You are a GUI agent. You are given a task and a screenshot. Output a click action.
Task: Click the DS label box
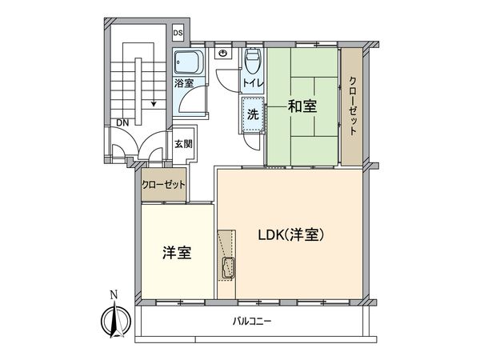click(x=178, y=33)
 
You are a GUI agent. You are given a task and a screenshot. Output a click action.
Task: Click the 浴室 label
click(x=183, y=82)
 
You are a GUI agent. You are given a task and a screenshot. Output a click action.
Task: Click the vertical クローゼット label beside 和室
click(x=352, y=107)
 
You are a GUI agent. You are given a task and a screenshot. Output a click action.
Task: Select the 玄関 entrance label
click(x=183, y=144)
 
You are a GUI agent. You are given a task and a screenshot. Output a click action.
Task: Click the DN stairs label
click(x=122, y=122)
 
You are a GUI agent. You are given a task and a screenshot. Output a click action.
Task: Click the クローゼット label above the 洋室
click(x=163, y=185)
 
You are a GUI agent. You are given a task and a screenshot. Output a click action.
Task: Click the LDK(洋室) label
click(x=290, y=236)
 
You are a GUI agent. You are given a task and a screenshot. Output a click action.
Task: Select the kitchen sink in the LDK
click(x=227, y=268)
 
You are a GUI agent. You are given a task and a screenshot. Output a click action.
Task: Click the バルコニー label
click(x=253, y=322)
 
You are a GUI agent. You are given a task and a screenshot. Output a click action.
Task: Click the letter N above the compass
click(x=114, y=294)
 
